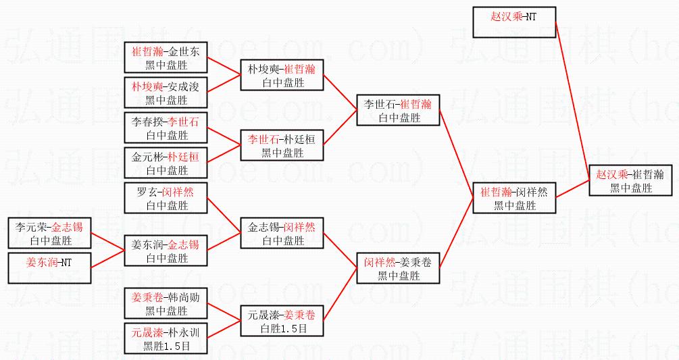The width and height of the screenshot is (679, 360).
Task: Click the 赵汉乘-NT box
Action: pos(513,22)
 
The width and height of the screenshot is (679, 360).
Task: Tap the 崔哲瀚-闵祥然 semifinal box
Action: pos(514,197)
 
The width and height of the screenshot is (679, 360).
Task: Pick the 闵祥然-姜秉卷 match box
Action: pos(398,268)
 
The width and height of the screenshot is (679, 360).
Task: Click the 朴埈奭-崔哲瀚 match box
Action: pos(282,75)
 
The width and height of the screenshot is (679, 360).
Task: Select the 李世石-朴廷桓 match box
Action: pos(282,145)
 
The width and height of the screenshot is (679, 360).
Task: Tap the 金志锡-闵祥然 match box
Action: pos(282,233)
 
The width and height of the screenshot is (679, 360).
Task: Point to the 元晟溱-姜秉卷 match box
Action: pos(282,321)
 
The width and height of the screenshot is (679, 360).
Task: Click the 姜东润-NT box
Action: pos(49,268)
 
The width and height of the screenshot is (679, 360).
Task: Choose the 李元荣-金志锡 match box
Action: pos(49,233)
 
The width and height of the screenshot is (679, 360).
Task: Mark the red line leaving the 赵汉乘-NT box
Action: pos(571,95)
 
